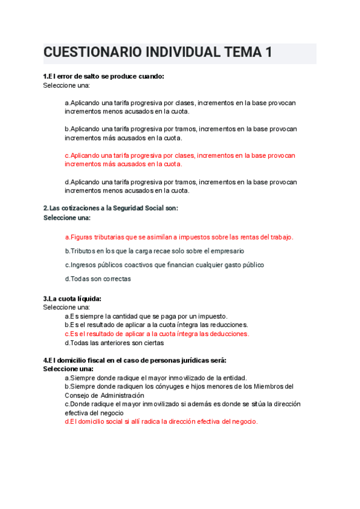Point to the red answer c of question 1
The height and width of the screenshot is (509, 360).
(180, 159)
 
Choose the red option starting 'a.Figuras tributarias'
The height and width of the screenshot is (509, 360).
(179, 237)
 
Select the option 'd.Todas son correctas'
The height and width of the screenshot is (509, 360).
(98, 279)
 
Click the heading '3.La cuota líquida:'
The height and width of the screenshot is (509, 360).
(72, 298)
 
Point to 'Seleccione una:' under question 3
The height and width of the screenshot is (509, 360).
(66, 307)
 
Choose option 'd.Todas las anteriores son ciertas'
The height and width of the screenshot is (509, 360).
(114, 343)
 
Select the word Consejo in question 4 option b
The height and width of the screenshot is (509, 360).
(78, 396)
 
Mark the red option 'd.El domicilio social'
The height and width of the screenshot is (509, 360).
(161, 421)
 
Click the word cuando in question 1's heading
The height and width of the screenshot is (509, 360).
(148, 76)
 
